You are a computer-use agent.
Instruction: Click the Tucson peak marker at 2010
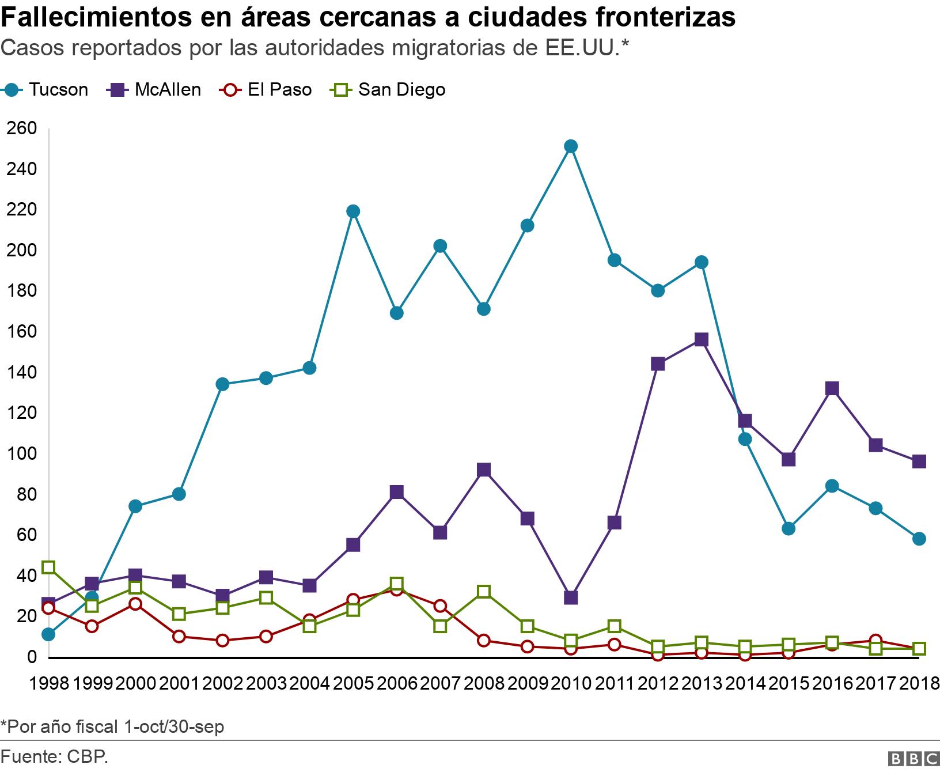coord(571,146)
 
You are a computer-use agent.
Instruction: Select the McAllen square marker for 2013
coord(701,339)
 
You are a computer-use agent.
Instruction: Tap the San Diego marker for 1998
coord(48,567)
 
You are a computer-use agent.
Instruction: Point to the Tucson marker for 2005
coord(353,211)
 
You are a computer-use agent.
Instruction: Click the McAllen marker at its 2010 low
coord(571,597)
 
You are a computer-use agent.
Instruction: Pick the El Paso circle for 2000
coord(135,604)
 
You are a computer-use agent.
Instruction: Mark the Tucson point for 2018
coord(919,539)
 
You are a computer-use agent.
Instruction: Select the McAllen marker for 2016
coord(832,388)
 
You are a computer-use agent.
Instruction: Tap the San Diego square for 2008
coord(484,592)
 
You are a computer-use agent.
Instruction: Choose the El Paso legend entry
coord(266,90)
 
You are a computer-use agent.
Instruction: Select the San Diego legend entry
coord(388,90)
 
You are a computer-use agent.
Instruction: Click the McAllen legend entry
coord(154,90)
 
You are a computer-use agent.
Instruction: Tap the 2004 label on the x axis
coord(309,684)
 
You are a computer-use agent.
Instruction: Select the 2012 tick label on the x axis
coord(658,684)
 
